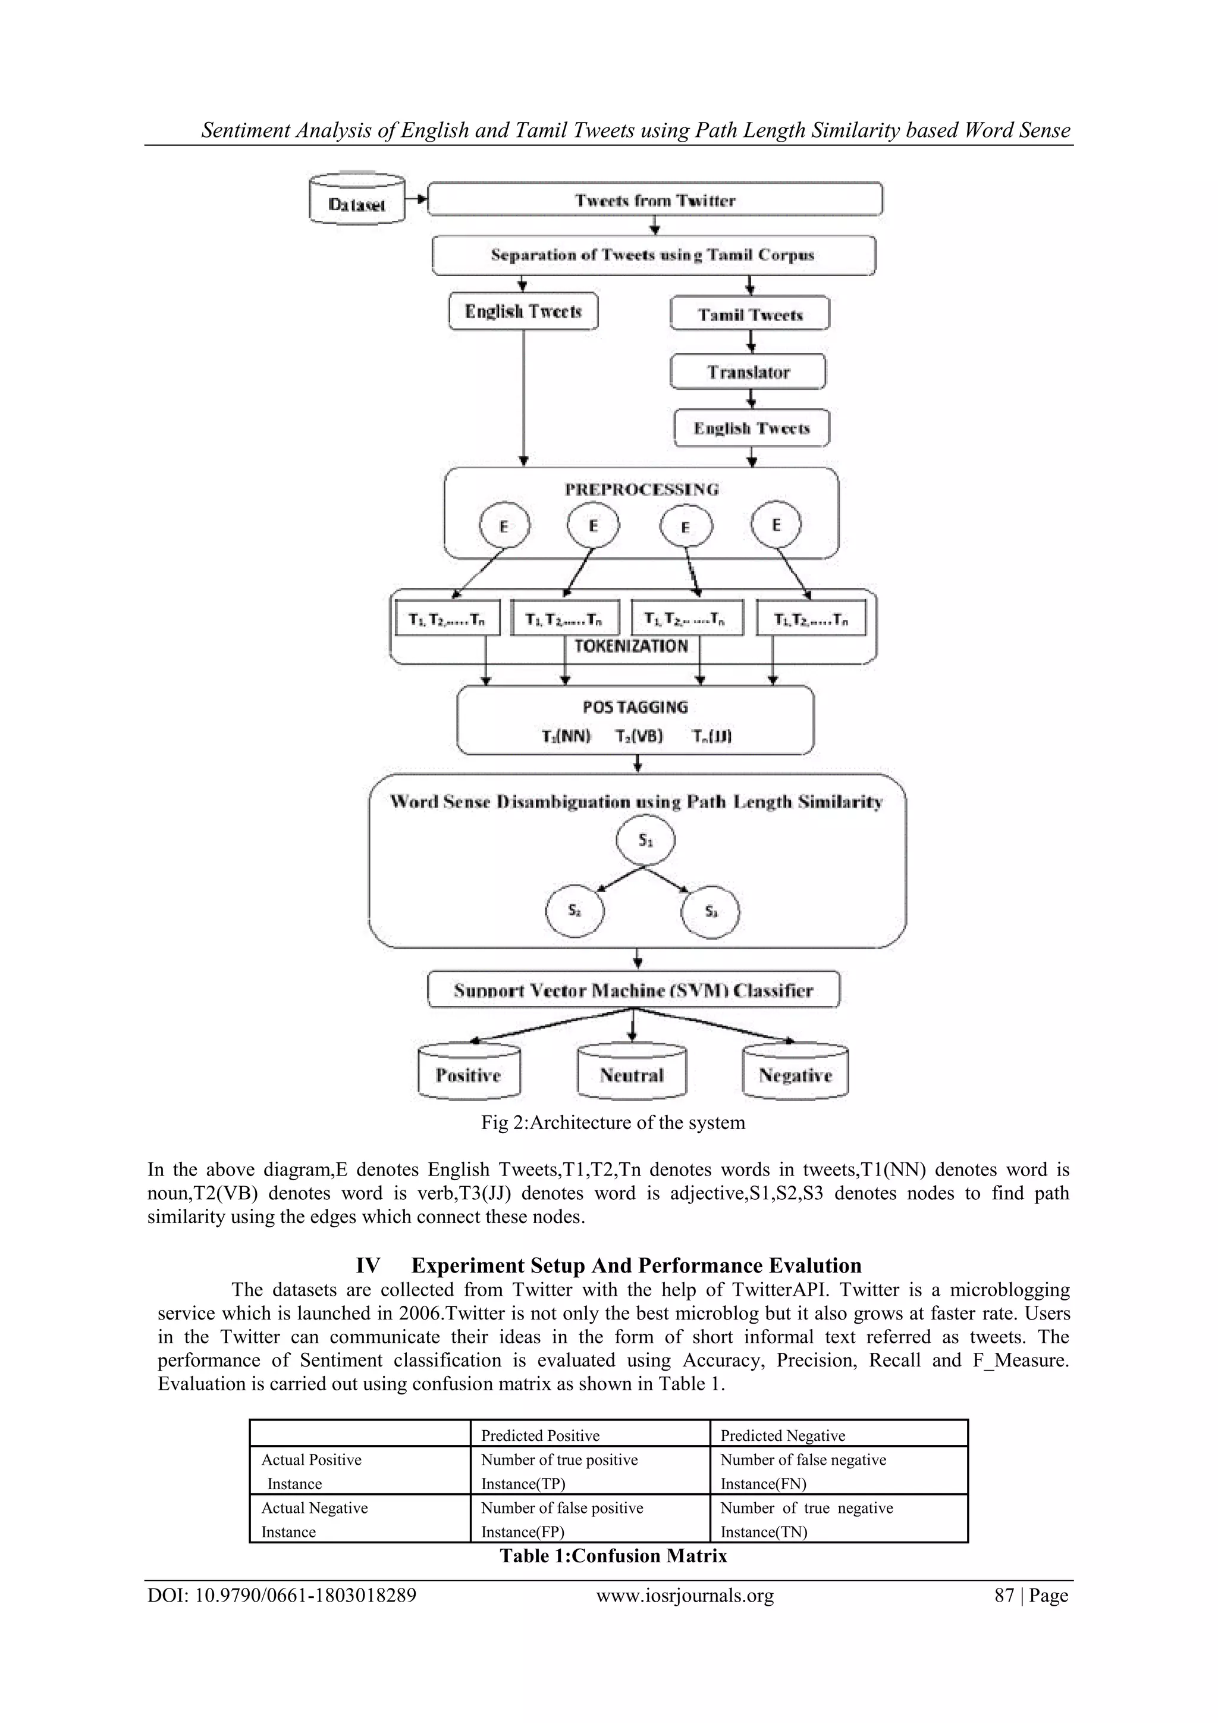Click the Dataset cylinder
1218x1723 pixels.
click(x=357, y=199)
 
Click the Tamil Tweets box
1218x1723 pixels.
click(x=750, y=314)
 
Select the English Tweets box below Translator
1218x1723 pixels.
click(x=752, y=429)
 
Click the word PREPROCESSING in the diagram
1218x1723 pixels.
click(x=641, y=489)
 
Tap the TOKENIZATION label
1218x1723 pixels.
click(x=631, y=646)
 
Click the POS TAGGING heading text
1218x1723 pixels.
click(x=635, y=707)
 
